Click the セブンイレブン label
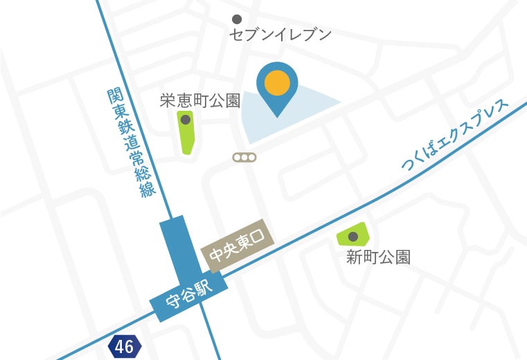pyautogui.click(x=280, y=35)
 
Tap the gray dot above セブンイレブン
pyautogui.click(x=237, y=19)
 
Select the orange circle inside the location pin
pyautogui.click(x=277, y=82)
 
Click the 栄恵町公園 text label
pyautogui.click(x=199, y=101)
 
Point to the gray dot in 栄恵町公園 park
pyautogui.click(x=186, y=120)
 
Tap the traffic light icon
pyautogui.click(x=244, y=158)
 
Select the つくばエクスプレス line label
pyautogui.click(x=454, y=136)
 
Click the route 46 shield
pyautogui.click(x=125, y=345)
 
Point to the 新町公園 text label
pyautogui.click(x=378, y=258)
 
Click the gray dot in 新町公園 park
pyautogui.click(x=352, y=237)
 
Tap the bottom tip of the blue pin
pyautogui.click(x=277, y=116)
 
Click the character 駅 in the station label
pyautogui.click(x=205, y=287)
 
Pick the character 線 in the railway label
pyautogui.click(x=148, y=189)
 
